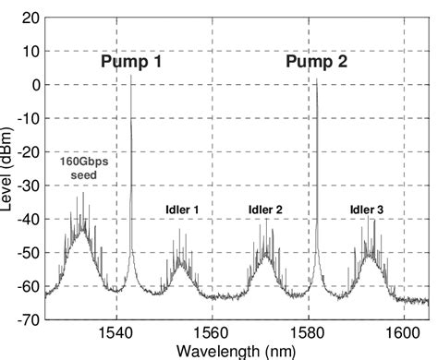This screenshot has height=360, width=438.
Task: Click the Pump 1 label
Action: (x=135, y=63)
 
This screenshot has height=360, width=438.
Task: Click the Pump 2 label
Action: (x=319, y=63)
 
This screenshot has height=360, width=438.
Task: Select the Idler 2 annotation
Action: (x=264, y=210)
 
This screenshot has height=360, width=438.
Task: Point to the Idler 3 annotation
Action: (x=367, y=210)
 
